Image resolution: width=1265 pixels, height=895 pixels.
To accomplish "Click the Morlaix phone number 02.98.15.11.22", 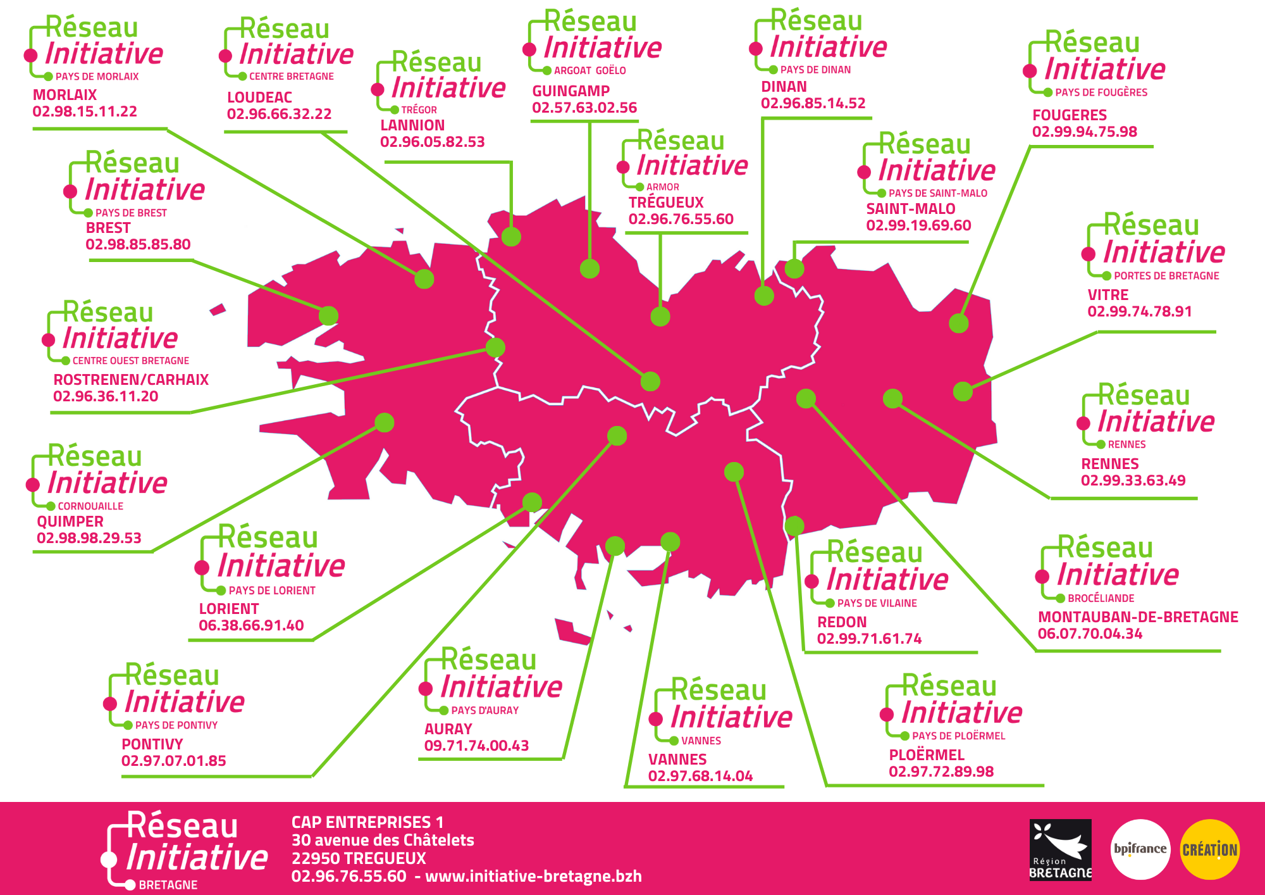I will pos(85,111).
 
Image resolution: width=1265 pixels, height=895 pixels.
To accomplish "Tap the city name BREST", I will pos(108,228).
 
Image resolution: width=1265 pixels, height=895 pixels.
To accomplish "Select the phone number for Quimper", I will pos(89,538).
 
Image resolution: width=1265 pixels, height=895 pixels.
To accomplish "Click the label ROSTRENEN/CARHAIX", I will pos(131,380).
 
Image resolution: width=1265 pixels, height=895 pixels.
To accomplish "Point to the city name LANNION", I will pos(412,125).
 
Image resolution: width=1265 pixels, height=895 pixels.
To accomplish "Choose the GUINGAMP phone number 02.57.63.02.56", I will pos(584,108).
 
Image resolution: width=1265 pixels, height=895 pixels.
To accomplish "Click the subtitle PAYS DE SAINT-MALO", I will pos(937,193).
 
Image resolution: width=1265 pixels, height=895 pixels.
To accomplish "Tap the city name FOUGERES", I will pos(1070,115).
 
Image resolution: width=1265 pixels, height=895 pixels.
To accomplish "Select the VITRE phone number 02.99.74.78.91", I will pos(1140,311).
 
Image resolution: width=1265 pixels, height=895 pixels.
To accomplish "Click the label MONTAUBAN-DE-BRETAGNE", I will pos(1138,617).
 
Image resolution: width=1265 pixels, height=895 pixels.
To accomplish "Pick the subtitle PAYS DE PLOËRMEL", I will pos(958,735).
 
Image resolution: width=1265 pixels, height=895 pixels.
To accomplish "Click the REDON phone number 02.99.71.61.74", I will pos(869,639).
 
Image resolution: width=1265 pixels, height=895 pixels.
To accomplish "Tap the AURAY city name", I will pos(448,729).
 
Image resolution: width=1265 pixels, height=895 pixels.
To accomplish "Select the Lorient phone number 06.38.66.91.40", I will pos(251,625).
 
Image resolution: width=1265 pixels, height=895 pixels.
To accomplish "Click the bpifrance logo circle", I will pos(1140,849).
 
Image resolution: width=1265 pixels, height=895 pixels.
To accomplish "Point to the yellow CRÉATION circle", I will pos(1209,849).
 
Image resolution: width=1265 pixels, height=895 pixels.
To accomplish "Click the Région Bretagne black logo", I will pos(1061,849).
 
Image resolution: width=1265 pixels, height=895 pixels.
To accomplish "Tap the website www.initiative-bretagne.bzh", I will pos(533,876).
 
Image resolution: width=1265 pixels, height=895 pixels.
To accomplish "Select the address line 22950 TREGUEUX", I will pos(359,858).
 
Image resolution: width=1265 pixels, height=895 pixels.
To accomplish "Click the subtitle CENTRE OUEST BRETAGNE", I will pos(130,361).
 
